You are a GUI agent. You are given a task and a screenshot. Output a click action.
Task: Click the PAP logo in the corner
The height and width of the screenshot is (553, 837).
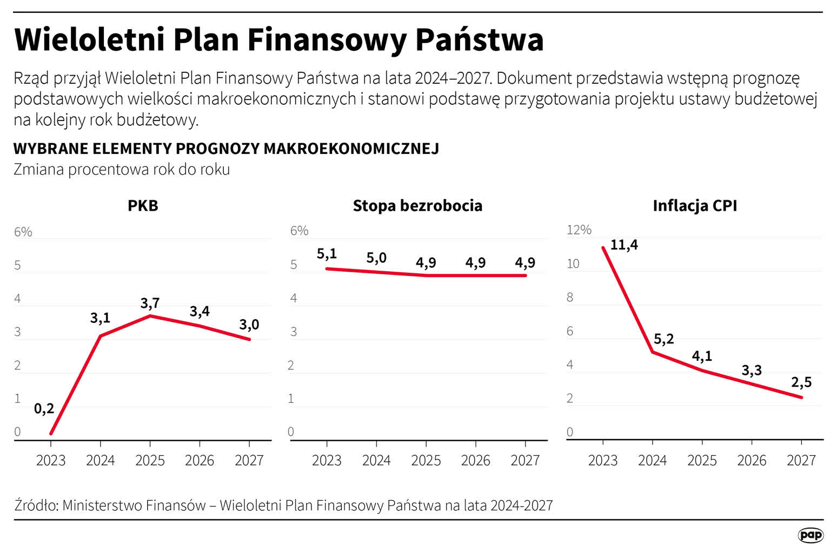810,535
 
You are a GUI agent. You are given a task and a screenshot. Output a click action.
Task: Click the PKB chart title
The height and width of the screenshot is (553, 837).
143,206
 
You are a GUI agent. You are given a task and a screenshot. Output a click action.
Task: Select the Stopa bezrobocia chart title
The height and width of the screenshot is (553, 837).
417,206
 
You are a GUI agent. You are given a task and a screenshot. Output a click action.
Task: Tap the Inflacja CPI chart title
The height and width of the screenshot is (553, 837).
695,206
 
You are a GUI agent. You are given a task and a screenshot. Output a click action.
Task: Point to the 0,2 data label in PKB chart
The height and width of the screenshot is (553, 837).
44,409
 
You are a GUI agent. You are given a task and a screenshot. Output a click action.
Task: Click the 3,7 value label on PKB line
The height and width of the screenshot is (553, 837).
150,303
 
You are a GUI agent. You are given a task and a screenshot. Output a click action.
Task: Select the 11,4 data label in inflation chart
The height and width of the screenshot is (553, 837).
624,245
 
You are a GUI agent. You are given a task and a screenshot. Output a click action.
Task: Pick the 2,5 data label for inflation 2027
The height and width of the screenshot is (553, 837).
801,382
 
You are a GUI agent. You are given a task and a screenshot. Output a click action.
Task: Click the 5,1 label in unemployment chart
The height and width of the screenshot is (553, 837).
327,254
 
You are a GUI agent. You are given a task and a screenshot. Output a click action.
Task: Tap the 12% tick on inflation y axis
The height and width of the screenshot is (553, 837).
579,230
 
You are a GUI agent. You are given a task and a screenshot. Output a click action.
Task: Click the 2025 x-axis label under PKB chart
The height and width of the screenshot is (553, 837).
150,461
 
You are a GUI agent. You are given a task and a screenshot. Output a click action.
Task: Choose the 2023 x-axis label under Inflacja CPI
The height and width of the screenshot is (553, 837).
602,461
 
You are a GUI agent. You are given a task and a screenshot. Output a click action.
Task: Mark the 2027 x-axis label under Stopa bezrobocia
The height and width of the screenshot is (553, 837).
525,461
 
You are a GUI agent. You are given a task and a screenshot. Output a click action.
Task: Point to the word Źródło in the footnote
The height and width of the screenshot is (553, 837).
36,505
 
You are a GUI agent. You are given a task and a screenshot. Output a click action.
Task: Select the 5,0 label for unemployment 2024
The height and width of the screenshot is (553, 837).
376,258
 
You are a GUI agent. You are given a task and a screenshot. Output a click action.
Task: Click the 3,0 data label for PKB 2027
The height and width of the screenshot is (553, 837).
249,325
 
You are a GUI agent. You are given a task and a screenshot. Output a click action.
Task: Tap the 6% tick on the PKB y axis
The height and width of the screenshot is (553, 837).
23,232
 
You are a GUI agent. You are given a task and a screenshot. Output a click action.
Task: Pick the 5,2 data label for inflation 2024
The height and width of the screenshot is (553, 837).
663,339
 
